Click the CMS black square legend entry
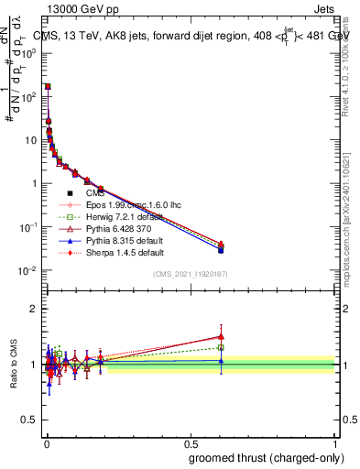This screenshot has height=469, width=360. [x=95, y=192]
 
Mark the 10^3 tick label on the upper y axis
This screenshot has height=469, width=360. [x=27, y=53]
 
